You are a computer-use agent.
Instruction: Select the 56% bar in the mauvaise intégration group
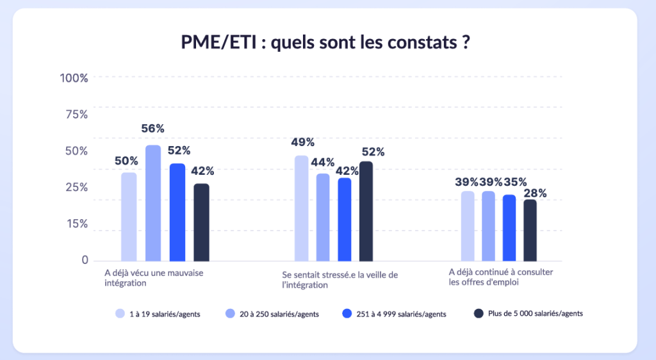click(x=153, y=203)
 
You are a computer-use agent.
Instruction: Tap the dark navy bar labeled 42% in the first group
click(x=201, y=222)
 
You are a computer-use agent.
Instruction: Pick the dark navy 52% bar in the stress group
click(x=366, y=211)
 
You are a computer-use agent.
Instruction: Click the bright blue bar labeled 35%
click(x=509, y=228)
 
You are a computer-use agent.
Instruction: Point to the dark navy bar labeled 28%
click(x=530, y=231)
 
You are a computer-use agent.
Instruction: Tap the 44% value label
click(x=324, y=163)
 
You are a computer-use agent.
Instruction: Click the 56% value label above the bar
click(x=153, y=129)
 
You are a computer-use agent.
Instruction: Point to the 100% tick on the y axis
click(x=74, y=78)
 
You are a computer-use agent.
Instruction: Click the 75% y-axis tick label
click(x=76, y=115)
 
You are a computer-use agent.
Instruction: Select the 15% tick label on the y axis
click(x=76, y=224)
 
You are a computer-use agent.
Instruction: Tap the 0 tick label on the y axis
click(x=85, y=260)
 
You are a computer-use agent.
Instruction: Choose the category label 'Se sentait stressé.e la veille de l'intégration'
click(x=340, y=280)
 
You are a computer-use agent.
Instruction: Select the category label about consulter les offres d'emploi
click(x=501, y=277)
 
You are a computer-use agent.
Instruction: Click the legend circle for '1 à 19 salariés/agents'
click(x=120, y=314)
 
